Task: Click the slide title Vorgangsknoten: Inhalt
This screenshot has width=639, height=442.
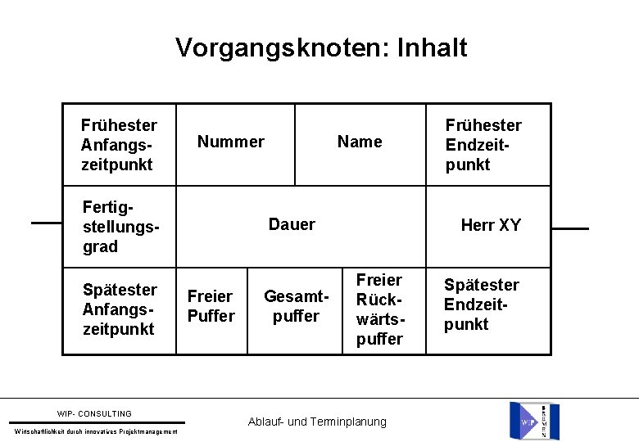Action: tap(321, 47)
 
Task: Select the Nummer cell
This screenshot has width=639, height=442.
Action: tap(232, 142)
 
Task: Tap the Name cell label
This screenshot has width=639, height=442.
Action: tap(360, 142)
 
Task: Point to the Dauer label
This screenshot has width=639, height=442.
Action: tap(292, 224)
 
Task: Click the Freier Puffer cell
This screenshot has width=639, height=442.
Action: tap(211, 305)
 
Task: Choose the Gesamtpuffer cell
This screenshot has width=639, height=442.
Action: tap(296, 305)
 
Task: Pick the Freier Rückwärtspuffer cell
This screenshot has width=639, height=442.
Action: tap(379, 309)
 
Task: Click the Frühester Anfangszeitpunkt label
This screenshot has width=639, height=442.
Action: tap(119, 145)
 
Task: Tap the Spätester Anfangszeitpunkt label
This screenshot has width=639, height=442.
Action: tap(120, 309)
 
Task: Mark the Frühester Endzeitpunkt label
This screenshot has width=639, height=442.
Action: tap(483, 145)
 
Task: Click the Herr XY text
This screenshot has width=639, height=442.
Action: tap(491, 225)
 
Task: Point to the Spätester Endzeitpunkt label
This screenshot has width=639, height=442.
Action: tap(481, 304)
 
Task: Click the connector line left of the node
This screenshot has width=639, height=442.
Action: tap(47, 223)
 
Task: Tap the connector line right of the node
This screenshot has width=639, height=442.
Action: tap(570, 229)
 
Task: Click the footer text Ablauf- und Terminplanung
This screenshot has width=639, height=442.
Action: tap(316, 422)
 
